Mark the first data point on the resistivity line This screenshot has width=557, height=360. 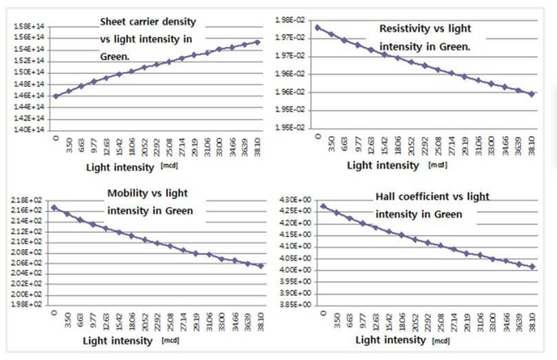(318, 27)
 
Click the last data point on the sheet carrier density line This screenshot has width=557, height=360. (258, 42)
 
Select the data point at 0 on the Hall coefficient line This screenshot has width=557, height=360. (323, 206)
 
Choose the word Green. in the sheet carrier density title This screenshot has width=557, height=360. (116, 57)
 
